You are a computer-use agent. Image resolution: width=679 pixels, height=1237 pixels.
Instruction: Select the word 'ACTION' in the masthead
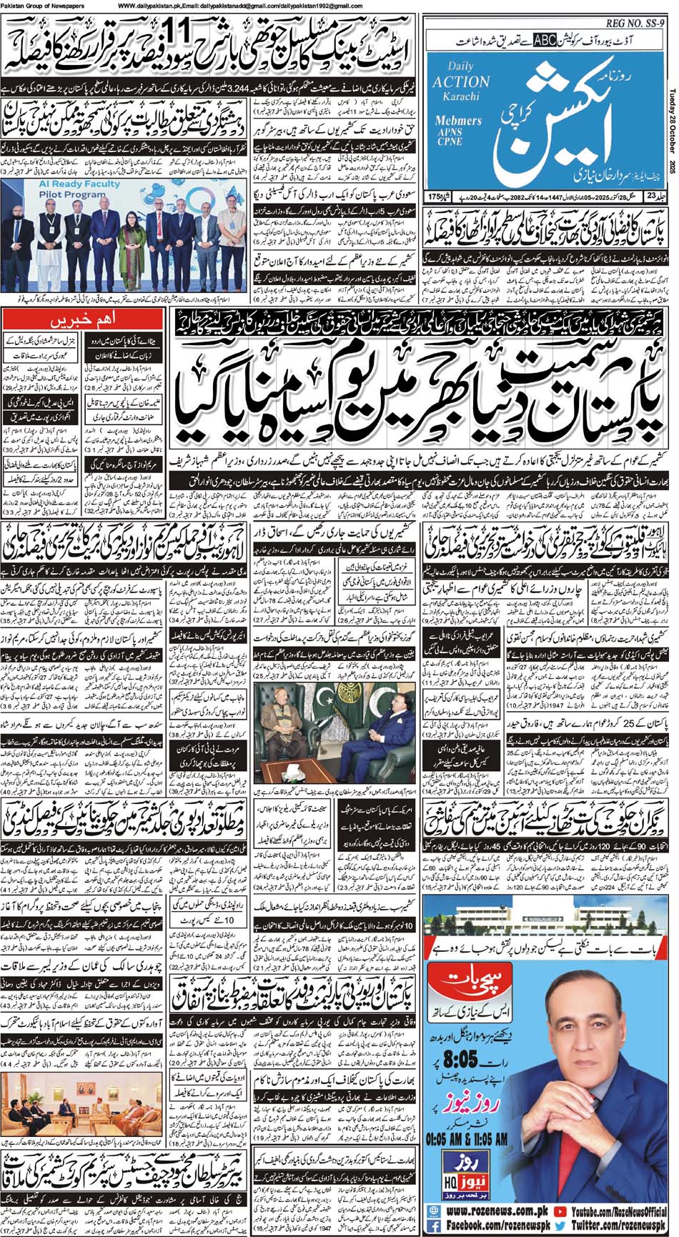pyautogui.click(x=460, y=81)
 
